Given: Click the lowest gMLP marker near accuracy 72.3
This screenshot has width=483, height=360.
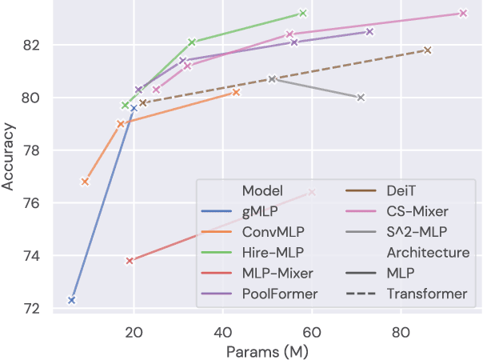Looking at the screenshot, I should click(72, 300).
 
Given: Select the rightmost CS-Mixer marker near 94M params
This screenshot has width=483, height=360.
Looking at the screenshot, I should click(463, 13).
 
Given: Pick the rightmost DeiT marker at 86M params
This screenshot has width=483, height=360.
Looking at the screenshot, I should click(428, 50).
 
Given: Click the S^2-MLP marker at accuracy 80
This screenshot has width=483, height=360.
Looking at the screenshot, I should click(361, 98).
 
